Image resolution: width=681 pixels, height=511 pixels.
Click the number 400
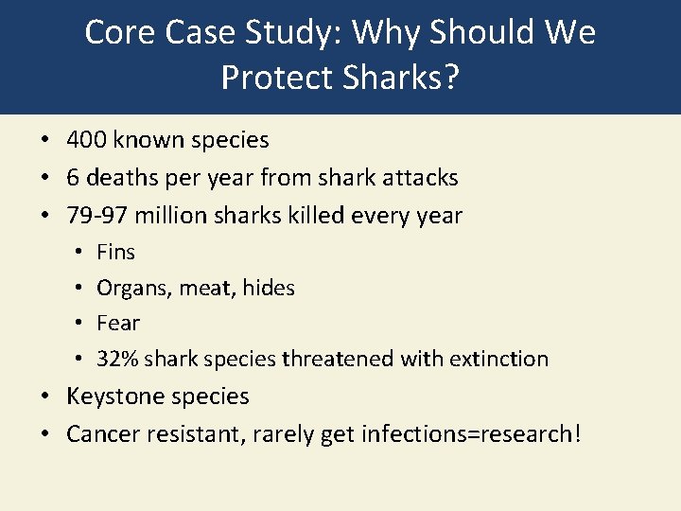click(86, 140)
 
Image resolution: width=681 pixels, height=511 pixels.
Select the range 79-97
click(97, 215)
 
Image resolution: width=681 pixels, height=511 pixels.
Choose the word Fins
click(115, 252)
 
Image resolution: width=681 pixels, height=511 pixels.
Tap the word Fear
click(118, 323)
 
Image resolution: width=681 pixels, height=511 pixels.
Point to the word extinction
click(501, 359)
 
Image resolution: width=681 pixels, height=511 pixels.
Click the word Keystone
click(111, 396)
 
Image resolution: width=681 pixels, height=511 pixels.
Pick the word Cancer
click(99, 433)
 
